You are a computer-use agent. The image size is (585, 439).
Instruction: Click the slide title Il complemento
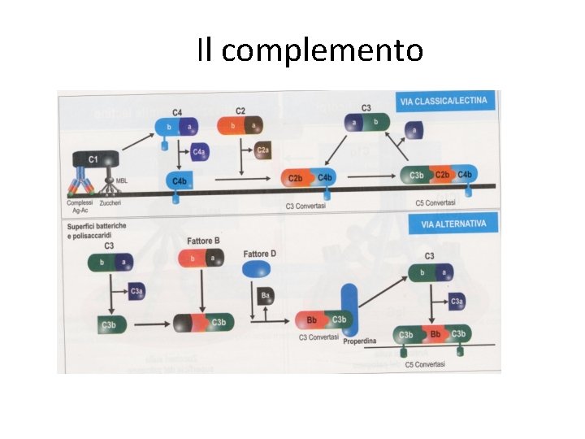(310, 50)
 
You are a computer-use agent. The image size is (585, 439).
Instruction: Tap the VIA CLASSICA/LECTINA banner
(443, 102)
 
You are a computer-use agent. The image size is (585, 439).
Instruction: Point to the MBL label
(122, 180)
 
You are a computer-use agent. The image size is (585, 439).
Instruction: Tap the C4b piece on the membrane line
(180, 180)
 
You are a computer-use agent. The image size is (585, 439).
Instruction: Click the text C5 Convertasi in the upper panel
(435, 202)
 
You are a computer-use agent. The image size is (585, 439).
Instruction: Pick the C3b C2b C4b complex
(440, 175)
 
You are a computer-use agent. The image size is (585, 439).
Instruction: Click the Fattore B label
(203, 241)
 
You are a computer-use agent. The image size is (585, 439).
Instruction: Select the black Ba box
(265, 297)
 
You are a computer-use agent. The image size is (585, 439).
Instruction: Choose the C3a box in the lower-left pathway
(136, 290)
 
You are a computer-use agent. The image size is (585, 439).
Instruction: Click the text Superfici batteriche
(97, 225)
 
